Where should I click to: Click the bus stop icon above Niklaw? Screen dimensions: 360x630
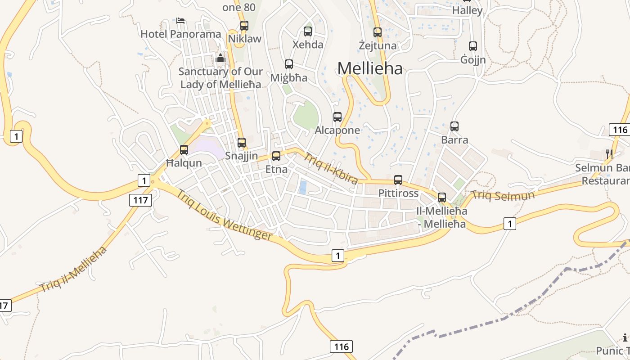tap(244, 26)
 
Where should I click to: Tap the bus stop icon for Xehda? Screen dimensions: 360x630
tap(308, 31)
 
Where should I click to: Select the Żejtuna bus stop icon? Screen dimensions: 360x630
tap(378, 32)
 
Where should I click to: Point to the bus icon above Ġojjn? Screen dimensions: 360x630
tap(473, 46)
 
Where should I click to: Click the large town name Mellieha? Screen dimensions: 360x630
tap(370, 68)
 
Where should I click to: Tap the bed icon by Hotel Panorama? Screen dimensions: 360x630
tap(180, 21)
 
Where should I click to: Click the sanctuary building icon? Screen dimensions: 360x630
tap(220, 58)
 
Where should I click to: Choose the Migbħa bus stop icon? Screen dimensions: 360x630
tap(289, 64)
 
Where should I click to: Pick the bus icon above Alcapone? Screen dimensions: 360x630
tap(337, 117)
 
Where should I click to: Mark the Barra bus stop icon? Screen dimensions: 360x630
tap(454, 126)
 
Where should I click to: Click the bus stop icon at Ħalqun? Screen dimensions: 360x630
tap(184, 150)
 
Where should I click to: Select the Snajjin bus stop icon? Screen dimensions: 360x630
tap(242, 143)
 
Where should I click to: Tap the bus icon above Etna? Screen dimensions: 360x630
tap(276, 156)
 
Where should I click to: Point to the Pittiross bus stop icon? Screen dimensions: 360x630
tap(398, 180)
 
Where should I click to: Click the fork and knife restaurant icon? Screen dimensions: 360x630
tap(609, 154)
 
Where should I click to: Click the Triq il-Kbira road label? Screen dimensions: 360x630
tap(331, 169)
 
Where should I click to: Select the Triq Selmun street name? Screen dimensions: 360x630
tap(503, 195)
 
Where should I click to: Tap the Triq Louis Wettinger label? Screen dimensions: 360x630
tap(224, 215)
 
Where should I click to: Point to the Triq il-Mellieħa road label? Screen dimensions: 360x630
tap(74, 269)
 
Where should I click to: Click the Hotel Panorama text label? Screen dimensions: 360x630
tap(181, 34)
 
